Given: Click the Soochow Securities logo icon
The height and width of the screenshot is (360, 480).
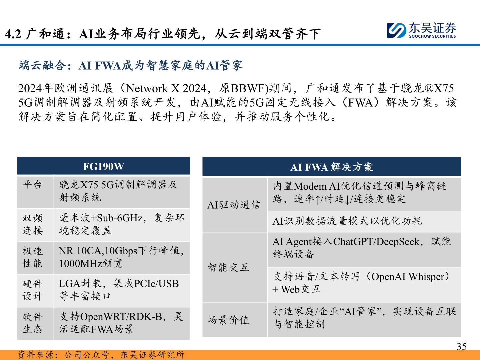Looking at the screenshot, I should click(397, 30).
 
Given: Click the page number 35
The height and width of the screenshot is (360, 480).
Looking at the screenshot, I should click(461, 347).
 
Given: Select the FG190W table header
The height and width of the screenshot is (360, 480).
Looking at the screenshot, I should click(103, 166).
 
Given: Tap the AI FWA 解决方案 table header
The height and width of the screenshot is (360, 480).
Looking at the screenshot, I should click(331, 167).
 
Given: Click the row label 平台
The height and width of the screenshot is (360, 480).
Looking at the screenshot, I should click(32, 185).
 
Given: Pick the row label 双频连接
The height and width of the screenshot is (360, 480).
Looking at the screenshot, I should click(32, 224).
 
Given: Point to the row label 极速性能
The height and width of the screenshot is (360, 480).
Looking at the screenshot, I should click(32, 257).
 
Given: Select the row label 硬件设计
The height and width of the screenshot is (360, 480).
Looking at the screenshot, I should click(32, 290).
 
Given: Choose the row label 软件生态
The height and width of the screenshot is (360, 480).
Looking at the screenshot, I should click(32, 323).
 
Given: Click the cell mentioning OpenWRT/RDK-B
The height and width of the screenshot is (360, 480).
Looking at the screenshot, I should click(121, 323).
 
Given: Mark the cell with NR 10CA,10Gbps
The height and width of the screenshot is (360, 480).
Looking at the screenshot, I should click(121, 257).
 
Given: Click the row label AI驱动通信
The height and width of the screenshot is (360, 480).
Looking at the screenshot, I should click(234, 205).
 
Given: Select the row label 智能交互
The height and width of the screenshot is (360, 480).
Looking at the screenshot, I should click(229, 267).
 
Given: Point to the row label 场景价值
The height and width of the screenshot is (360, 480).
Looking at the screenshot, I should click(229, 320).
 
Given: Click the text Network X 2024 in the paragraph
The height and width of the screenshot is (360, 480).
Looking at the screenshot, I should click(167, 88).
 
